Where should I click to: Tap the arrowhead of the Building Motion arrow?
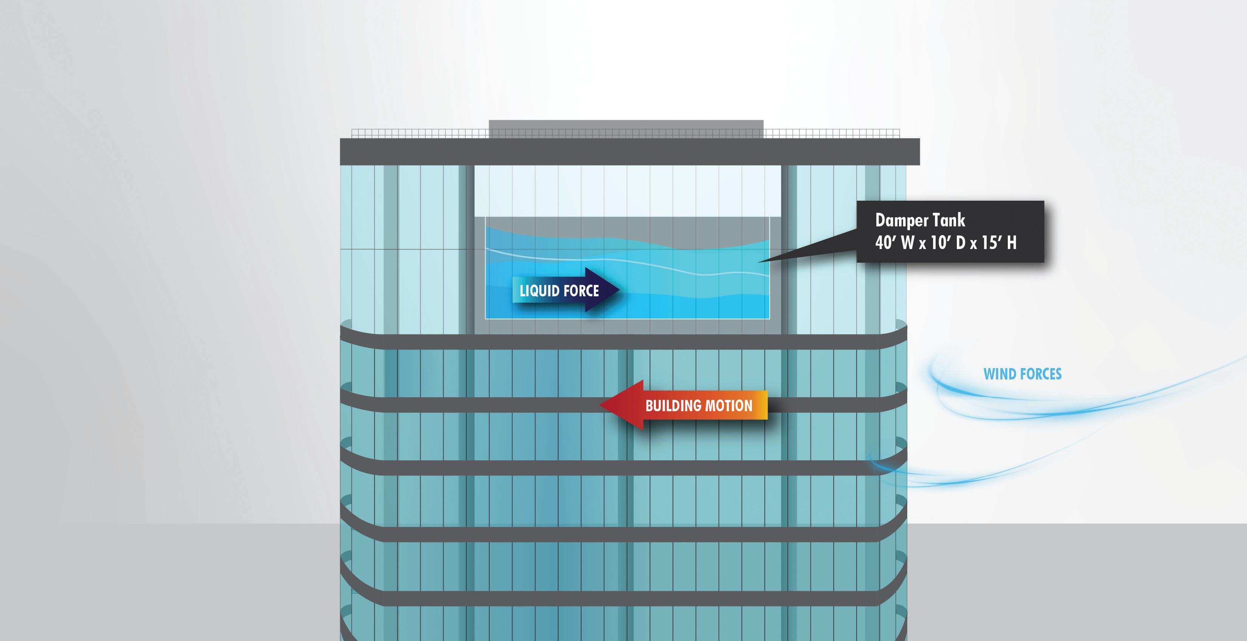605,405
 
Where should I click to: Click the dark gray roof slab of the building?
629,152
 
